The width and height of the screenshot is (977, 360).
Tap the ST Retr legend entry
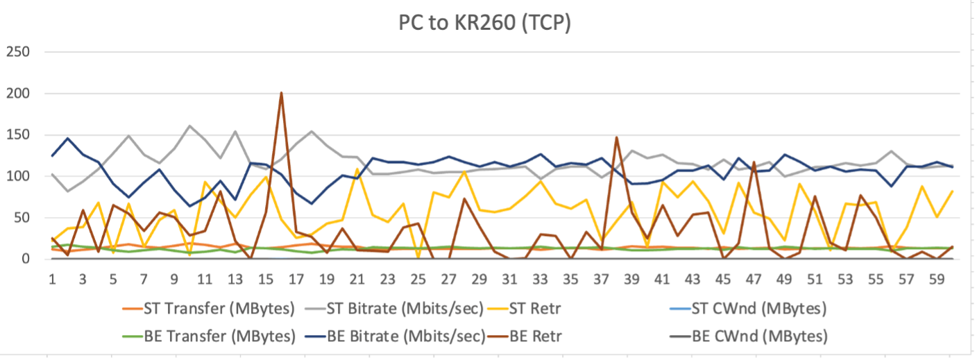tap(548, 307)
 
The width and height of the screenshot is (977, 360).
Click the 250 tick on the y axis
tap(19, 52)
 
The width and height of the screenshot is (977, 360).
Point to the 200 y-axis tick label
tap(19, 94)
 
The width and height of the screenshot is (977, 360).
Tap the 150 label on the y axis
tap(19, 135)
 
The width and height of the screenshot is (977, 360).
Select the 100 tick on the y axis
tap(19, 176)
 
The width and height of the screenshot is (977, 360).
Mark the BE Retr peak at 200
tap(281, 93)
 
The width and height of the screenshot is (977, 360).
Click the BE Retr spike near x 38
tap(616, 137)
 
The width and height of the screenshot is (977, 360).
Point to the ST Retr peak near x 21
tap(357, 169)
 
